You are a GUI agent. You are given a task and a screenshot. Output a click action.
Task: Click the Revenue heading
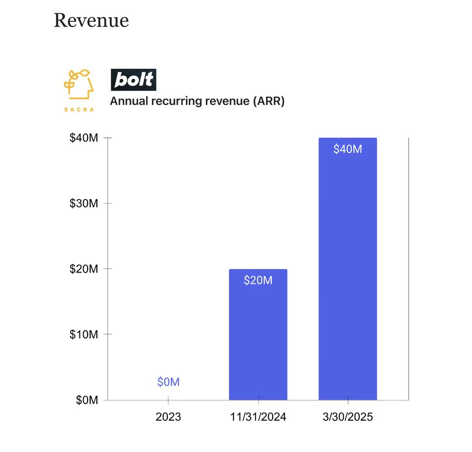click(91, 20)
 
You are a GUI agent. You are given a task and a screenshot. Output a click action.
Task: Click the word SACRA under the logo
click(79, 109)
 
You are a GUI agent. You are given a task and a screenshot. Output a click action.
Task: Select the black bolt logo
click(133, 80)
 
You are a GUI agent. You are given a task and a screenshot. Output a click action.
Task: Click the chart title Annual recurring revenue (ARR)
click(197, 101)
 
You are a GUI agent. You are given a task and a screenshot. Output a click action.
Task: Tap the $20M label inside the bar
click(258, 280)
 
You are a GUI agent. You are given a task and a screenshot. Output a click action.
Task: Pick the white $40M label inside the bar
click(348, 149)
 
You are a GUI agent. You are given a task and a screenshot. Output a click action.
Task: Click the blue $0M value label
click(168, 382)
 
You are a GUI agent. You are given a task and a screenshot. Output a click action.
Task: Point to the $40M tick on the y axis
click(84, 138)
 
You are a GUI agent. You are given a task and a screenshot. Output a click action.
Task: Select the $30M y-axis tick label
click(84, 203)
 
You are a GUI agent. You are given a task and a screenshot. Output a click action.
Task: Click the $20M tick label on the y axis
click(84, 269)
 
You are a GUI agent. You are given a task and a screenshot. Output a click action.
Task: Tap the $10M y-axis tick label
click(84, 334)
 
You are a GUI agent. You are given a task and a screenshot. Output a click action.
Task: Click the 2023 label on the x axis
click(168, 417)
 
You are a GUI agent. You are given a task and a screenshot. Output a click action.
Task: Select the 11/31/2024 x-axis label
click(258, 417)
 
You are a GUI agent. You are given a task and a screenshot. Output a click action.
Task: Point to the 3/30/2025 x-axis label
click(348, 417)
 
